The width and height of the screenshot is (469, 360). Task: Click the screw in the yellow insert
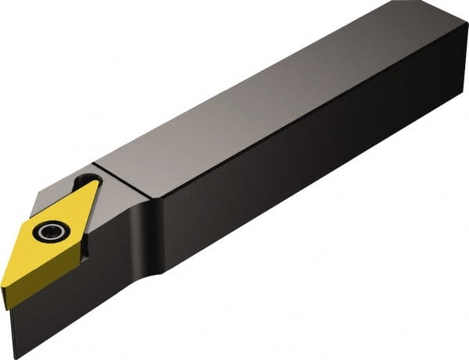pos(51,231)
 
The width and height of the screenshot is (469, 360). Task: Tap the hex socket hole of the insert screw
pos(51,231)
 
